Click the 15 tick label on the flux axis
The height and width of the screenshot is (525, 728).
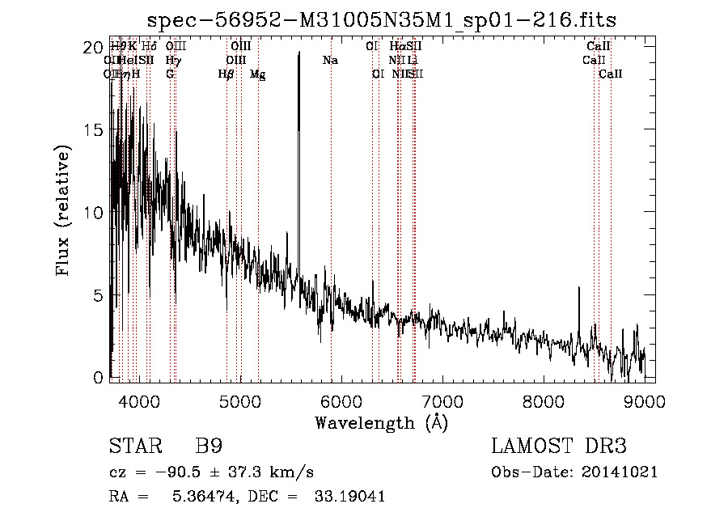tap(94, 130)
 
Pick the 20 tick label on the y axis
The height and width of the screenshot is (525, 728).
tap(94, 48)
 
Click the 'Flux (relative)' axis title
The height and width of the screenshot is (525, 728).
tap(64, 212)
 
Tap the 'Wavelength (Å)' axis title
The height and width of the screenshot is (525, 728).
tap(381, 422)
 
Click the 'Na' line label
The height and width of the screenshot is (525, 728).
tap(330, 61)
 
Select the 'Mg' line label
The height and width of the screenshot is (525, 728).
tap(257, 74)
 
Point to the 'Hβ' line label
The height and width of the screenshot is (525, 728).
tap(226, 74)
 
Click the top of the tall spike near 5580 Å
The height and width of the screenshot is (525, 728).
tap(299, 53)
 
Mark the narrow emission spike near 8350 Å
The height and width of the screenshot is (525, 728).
tap(578, 289)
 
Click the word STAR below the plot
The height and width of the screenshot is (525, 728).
tap(135, 447)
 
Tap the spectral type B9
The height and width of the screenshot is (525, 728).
tap(209, 447)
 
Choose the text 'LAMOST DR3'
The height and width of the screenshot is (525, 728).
tap(559, 447)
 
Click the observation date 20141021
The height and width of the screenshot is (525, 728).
tap(620, 472)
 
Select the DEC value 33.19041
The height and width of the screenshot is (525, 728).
tap(349, 497)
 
